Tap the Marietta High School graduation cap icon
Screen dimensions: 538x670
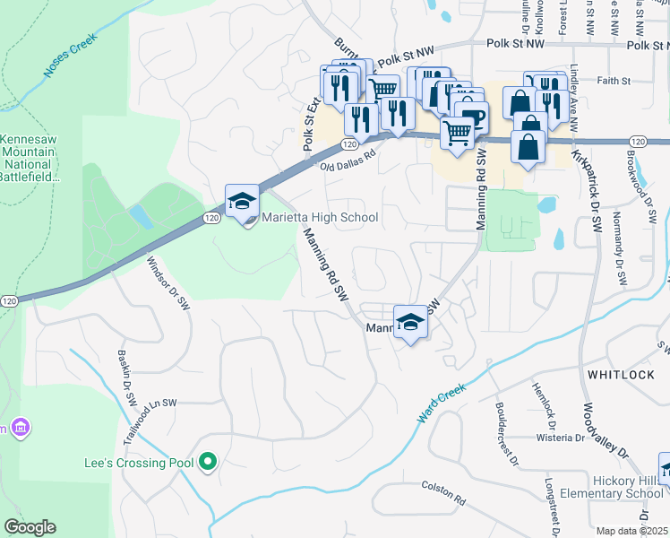(x=242, y=202)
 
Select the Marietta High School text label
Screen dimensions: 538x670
(x=320, y=218)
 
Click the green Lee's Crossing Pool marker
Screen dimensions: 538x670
(x=209, y=463)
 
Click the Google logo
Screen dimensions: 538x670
(x=30, y=527)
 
